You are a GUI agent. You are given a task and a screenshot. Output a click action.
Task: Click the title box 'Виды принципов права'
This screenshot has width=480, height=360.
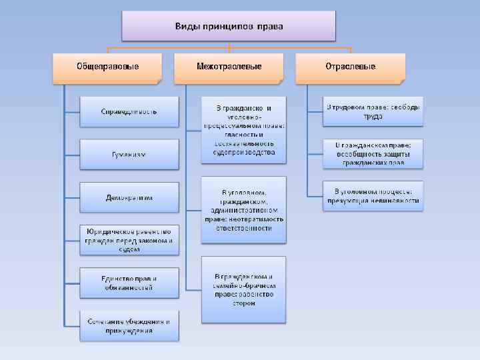point(229,27)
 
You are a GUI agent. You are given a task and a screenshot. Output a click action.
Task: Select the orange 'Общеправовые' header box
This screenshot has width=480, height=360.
point(107,67)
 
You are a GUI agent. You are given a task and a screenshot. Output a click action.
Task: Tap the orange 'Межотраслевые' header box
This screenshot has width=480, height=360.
point(229,67)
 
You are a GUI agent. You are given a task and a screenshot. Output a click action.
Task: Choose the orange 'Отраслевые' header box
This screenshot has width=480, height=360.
point(350,67)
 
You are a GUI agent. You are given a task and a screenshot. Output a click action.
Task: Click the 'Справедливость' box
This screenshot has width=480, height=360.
point(129,111)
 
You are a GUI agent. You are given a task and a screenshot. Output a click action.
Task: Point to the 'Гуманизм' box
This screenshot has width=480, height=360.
point(129,155)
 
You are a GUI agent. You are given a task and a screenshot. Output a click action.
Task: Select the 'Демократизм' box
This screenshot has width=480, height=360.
point(129,198)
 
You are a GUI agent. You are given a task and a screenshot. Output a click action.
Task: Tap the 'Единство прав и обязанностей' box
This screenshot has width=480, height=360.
point(129,283)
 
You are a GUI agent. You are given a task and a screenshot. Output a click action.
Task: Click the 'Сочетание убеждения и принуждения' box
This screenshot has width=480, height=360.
point(129,325)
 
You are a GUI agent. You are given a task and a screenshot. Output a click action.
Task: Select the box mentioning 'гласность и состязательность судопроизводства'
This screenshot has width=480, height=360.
point(244,130)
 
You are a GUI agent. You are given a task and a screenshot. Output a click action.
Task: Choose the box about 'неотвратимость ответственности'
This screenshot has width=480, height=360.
point(244,209)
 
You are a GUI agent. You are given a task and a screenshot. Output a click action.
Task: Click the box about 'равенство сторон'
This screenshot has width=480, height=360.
point(244,289)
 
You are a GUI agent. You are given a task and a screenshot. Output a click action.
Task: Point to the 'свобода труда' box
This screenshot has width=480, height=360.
point(373,111)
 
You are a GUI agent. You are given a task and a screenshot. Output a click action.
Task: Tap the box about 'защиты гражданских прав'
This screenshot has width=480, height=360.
point(373,153)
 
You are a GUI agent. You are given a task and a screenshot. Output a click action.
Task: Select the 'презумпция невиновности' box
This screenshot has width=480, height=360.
point(373,196)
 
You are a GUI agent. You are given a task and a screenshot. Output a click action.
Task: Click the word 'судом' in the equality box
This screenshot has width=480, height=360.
point(129,249)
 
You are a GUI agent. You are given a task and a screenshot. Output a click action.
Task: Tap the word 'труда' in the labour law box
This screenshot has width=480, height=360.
point(373,116)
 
